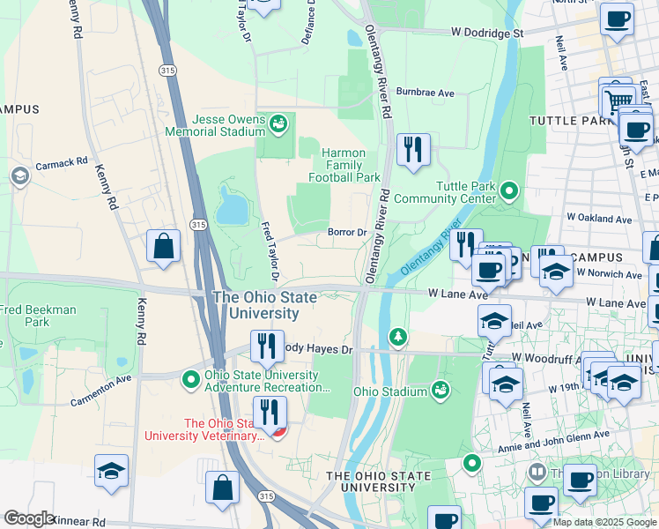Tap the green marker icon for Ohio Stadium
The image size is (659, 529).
click(x=441, y=390)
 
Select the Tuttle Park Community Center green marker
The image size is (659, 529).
click(x=509, y=190)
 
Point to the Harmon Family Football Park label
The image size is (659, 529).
click(x=344, y=165)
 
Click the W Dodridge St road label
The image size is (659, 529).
click(x=486, y=32)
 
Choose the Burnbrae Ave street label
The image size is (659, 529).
click(x=425, y=92)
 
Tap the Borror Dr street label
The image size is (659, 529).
click(x=347, y=233)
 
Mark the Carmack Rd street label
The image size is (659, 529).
click(x=62, y=163)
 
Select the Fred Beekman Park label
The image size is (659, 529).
click(x=38, y=317)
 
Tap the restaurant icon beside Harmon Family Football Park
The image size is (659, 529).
click(x=412, y=150)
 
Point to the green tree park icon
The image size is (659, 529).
click(x=398, y=336)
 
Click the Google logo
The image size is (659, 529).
click(x=30, y=518)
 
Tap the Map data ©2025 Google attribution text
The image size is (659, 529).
click(x=603, y=522)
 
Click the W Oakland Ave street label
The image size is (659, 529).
click(x=599, y=219)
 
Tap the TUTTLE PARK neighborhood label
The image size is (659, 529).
click(x=570, y=121)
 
